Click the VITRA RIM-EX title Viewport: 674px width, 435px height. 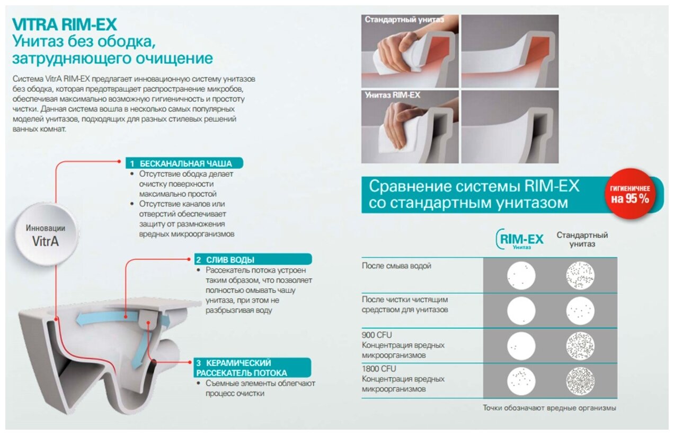[x=65, y=24]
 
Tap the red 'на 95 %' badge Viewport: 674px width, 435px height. [x=630, y=194]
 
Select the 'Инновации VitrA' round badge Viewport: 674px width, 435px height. [x=46, y=234]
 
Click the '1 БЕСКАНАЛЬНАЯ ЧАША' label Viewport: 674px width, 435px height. [x=184, y=163]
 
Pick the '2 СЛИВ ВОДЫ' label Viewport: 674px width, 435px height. [x=253, y=259]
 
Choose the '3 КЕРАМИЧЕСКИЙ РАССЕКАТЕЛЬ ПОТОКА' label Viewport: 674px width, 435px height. [x=252, y=368]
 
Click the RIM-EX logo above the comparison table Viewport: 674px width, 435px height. [x=519, y=239]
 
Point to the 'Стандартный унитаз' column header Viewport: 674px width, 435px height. [x=582, y=239]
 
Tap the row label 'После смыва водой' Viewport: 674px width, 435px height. [x=396, y=266]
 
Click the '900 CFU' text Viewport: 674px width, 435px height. [x=377, y=335]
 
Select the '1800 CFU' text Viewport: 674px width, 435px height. [x=379, y=369]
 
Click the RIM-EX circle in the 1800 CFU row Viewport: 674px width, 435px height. [x=521, y=381]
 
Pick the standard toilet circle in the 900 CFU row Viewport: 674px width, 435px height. [x=580, y=346]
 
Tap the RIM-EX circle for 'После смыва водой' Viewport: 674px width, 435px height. [x=521, y=275]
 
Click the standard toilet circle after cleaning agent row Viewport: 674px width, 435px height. [x=580, y=310]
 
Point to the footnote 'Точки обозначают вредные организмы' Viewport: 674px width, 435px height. [x=549, y=408]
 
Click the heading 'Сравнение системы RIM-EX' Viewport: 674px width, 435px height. [x=474, y=186]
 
